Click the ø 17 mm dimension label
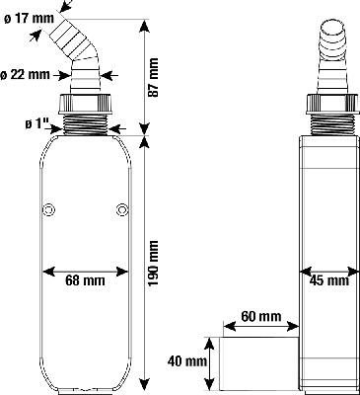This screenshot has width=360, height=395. [30, 19]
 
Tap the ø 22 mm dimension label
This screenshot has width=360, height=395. [25, 75]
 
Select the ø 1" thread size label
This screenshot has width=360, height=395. [36, 124]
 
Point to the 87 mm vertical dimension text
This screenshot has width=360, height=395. [153, 78]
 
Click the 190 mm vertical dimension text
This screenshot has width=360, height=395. [153, 263]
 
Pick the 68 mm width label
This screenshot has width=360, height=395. [85, 280]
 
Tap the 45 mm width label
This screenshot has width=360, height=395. [329, 280]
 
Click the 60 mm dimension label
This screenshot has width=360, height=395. [261, 316]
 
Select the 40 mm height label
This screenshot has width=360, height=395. [187, 361]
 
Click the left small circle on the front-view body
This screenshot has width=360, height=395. [49, 209]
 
